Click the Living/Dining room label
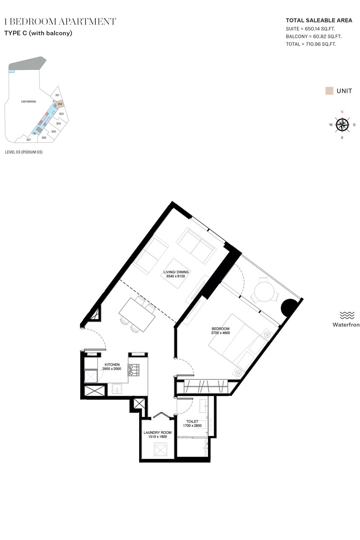176,272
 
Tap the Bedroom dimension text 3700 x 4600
220,333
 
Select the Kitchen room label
112,364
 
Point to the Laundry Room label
157,432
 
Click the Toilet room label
192,421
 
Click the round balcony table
265,292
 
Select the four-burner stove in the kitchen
134,370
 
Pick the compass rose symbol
342,125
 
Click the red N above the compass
342,112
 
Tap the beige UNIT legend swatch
329,91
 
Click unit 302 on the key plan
60,104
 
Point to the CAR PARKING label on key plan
28,102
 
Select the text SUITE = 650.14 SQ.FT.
310,29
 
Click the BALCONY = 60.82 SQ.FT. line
314,36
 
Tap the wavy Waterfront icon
347,315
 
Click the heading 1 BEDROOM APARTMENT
60,22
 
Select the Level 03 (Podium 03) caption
24,152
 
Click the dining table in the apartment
137,315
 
